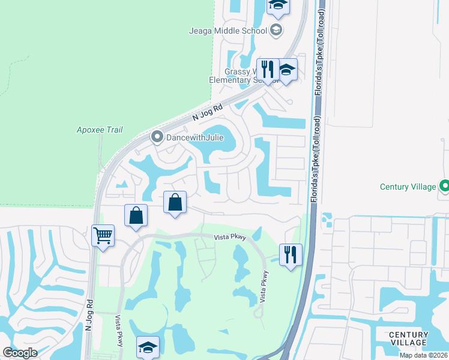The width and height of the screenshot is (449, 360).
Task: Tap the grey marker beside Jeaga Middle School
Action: [276, 31]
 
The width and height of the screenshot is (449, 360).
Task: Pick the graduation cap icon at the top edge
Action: [278, 5]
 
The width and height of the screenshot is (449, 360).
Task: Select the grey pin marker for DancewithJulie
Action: [157, 137]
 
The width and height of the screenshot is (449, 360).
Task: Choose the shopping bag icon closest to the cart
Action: [136, 215]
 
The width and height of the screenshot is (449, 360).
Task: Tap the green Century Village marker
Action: [444, 187]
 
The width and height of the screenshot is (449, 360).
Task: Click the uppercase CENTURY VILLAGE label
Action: [408, 338]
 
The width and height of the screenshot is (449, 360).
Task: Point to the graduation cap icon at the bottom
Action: [148, 347]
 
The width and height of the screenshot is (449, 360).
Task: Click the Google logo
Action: [20, 352]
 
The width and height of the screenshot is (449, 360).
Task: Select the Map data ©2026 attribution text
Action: [424, 355]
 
